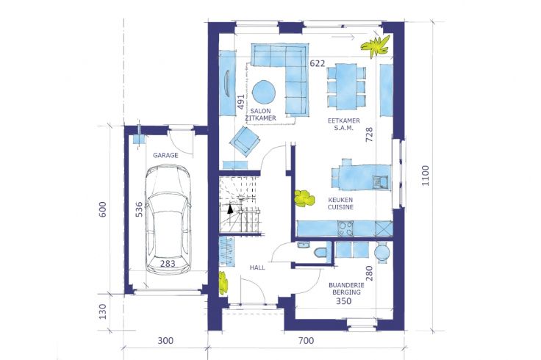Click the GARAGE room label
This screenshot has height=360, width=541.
(165, 155)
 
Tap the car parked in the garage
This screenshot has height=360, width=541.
(168, 220)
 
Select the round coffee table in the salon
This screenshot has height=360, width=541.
(264, 92)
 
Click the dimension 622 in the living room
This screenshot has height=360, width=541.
(317, 63)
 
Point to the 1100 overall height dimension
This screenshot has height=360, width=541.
(426, 176)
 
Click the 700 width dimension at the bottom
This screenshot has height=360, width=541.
(306, 341)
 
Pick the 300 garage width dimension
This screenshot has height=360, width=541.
(165, 341)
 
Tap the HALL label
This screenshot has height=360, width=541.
(257, 267)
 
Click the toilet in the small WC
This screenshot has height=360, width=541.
(320, 253)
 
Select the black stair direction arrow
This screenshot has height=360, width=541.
(230, 209)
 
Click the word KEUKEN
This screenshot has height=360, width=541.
(340, 200)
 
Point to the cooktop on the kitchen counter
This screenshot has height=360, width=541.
(345, 228)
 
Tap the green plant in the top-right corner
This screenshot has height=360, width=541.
(376, 46)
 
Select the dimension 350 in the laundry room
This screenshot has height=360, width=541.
(344, 301)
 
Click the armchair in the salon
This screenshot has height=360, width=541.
(245, 140)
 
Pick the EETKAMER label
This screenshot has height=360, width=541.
(344, 120)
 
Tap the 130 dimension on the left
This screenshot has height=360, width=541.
(103, 312)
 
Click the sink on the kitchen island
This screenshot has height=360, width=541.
(380, 181)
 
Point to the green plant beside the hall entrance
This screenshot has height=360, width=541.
(223, 282)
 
